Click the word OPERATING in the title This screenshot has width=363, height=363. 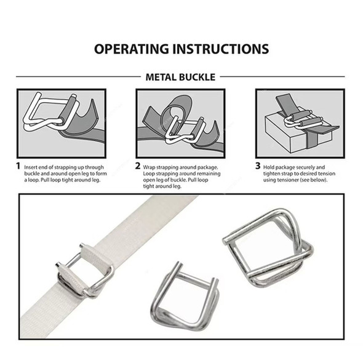(x=132, y=49)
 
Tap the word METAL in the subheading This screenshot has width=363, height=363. (x=161, y=77)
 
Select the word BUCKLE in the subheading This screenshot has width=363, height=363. (x=197, y=77)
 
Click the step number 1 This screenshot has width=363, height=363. (x=18, y=166)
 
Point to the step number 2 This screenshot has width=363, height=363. (x=138, y=166)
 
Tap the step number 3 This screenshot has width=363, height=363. (x=258, y=166)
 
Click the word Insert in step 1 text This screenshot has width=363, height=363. (x=31, y=167)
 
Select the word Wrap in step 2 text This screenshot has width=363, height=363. (x=149, y=167)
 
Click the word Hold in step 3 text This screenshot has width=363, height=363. (x=269, y=167)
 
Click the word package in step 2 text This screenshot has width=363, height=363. (x=208, y=167)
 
